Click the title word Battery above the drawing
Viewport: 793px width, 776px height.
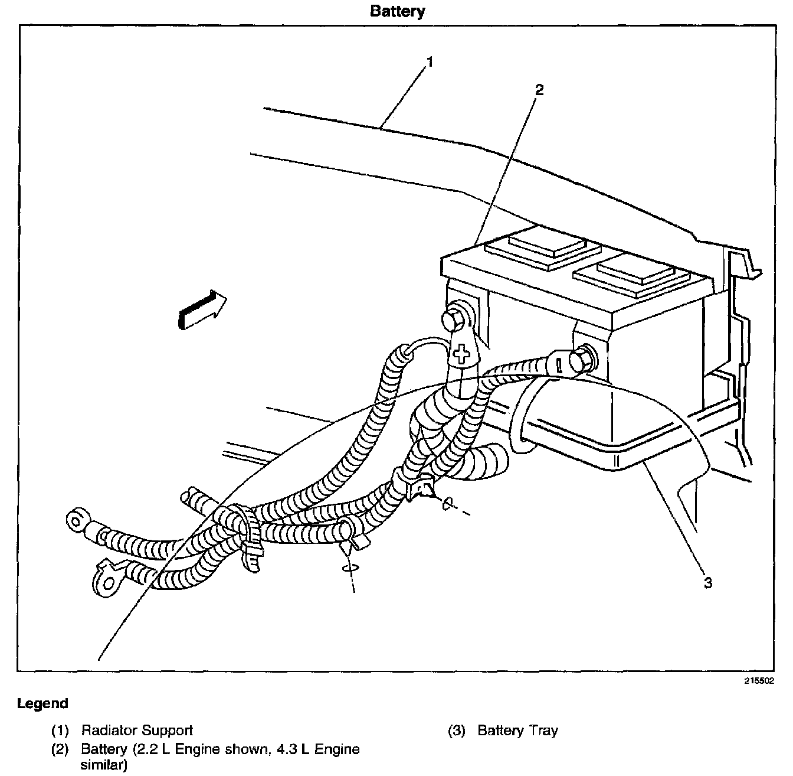[397, 11]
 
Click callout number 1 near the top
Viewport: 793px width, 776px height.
[430, 61]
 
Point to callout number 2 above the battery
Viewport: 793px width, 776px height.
[538, 90]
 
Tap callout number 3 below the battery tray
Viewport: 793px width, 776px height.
[708, 583]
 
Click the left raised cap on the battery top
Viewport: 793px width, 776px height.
[535, 248]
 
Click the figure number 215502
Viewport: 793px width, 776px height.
[758, 681]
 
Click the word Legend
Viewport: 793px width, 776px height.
[42, 703]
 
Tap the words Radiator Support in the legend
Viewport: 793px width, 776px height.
[137, 731]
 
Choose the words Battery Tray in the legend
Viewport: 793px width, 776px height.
[517, 731]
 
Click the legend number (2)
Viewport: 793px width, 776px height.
[60, 750]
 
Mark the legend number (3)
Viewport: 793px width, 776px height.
[457, 731]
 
